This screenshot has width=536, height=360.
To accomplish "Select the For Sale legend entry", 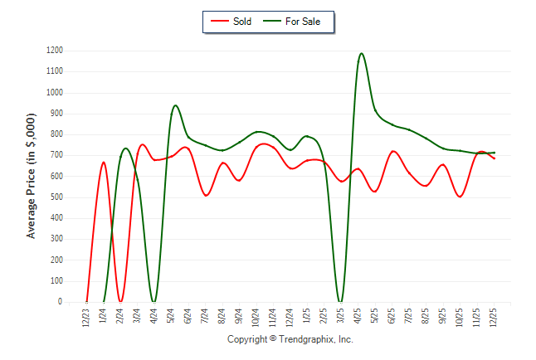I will pyautogui.click(x=296, y=21).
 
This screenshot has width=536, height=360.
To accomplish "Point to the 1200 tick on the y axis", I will pyautogui.click(x=55, y=51).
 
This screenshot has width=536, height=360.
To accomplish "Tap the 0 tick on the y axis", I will pyautogui.click(x=61, y=302).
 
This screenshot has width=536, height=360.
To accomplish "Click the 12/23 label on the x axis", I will pyautogui.click(x=86, y=318).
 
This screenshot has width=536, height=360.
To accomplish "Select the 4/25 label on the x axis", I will pyautogui.click(x=358, y=318).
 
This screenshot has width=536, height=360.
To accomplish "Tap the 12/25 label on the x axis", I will pyautogui.click(x=495, y=318).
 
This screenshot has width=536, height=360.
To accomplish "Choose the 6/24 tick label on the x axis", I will pyautogui.click(x=188, y=318).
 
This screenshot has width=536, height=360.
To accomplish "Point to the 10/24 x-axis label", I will pyautogui.click(x=256, y=318).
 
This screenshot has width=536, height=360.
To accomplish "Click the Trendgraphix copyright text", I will pyautogui.click(x=290, y=339).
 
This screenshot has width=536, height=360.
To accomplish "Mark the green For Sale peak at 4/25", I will pyautogui.click(x=361, y=54).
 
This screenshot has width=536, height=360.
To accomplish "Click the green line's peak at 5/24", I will pyautogui.click(x=175, y=105).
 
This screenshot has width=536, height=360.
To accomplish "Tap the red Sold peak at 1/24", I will pyautogui.click(x=104, y=163).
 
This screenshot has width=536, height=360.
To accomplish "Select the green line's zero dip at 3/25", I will pyautogui.click(x=340, y=302).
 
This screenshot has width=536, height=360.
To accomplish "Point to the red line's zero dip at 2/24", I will pyautogui.click(x=120, y=302).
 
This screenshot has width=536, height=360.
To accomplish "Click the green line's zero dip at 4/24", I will pyautogui.click(x=154, y=302).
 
